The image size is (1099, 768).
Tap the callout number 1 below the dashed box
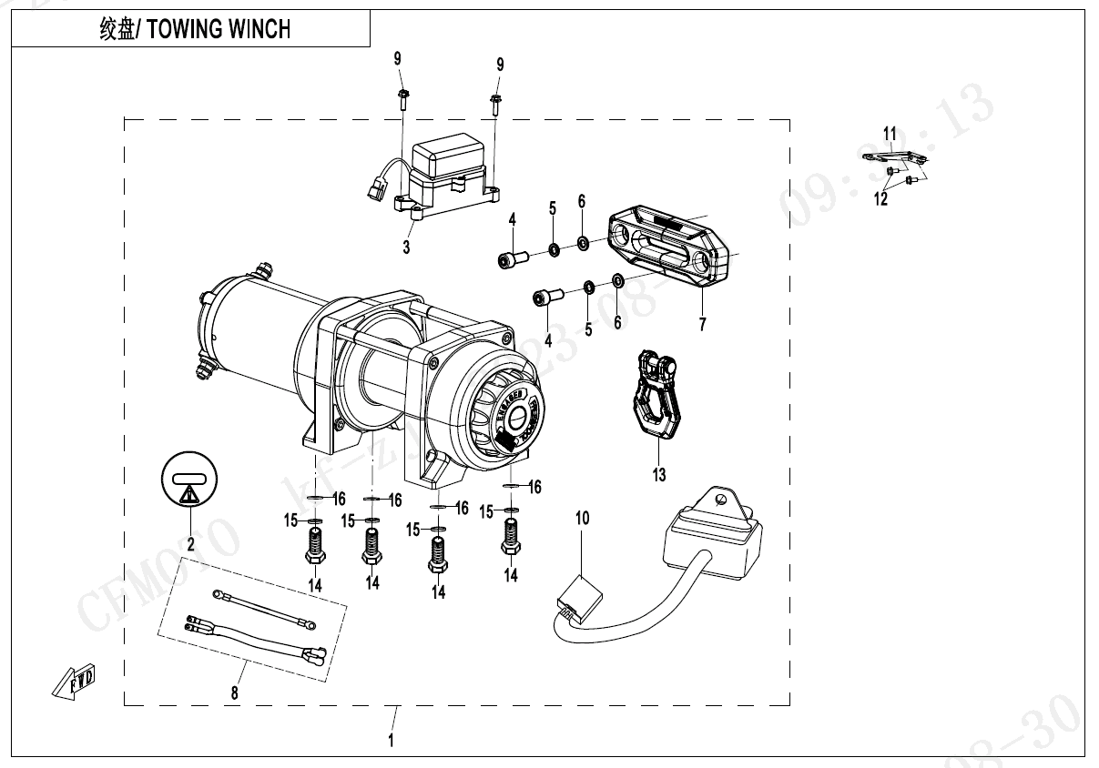click(x=392, y=740)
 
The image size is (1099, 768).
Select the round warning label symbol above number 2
click(x=190, y=480)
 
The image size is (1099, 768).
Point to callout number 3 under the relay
click(x=407, y=247)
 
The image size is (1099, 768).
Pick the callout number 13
click(x=659, y=474)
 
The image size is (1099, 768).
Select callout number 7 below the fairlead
click(x=702, y=325)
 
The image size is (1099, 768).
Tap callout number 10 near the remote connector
click(x=582, y=518)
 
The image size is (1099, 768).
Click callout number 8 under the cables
click(x=235, y=692)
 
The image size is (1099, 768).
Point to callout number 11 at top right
click(x=890, y=135)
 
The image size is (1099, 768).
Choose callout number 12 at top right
click(x=881, y=199)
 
